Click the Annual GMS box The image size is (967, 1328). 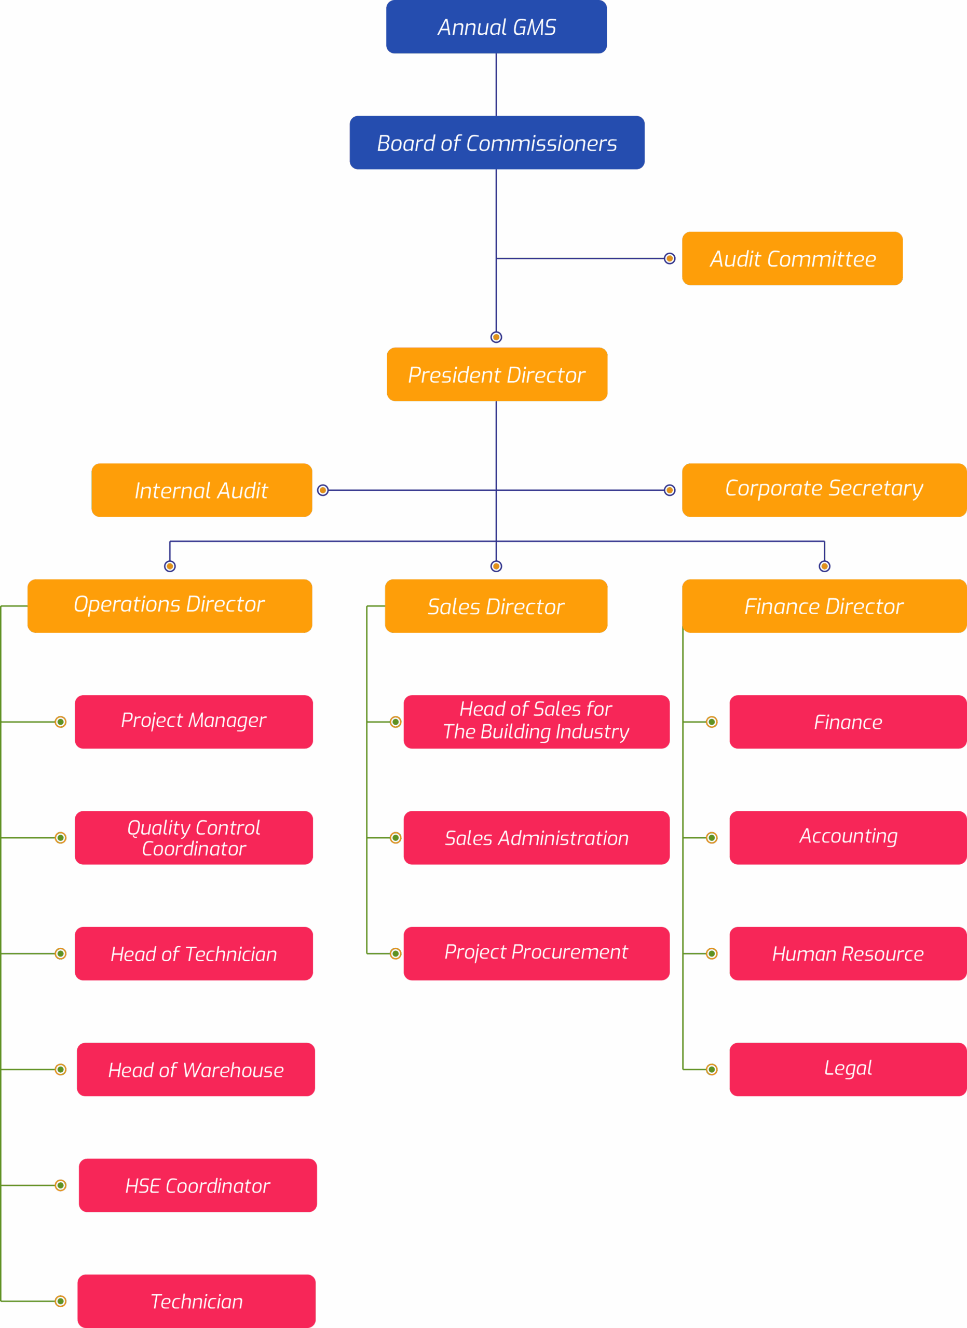496,27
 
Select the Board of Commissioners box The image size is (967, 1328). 497,143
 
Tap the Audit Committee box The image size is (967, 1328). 793,259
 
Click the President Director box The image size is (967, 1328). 497,375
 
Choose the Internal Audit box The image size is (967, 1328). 201,490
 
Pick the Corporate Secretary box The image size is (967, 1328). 824,490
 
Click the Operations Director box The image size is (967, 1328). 170,606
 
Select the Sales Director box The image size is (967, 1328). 496,606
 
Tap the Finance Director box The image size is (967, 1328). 824,606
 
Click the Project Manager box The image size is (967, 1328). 194,722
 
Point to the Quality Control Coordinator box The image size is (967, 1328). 194,838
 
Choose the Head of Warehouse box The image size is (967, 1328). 196,1070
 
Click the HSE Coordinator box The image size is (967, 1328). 198,1186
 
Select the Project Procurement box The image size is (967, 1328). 537,954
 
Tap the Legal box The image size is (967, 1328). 848,1070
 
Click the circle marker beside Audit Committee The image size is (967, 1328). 670,259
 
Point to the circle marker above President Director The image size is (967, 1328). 496,337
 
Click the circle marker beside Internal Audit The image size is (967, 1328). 323,490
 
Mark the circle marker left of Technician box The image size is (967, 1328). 60,1301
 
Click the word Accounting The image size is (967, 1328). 849,837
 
